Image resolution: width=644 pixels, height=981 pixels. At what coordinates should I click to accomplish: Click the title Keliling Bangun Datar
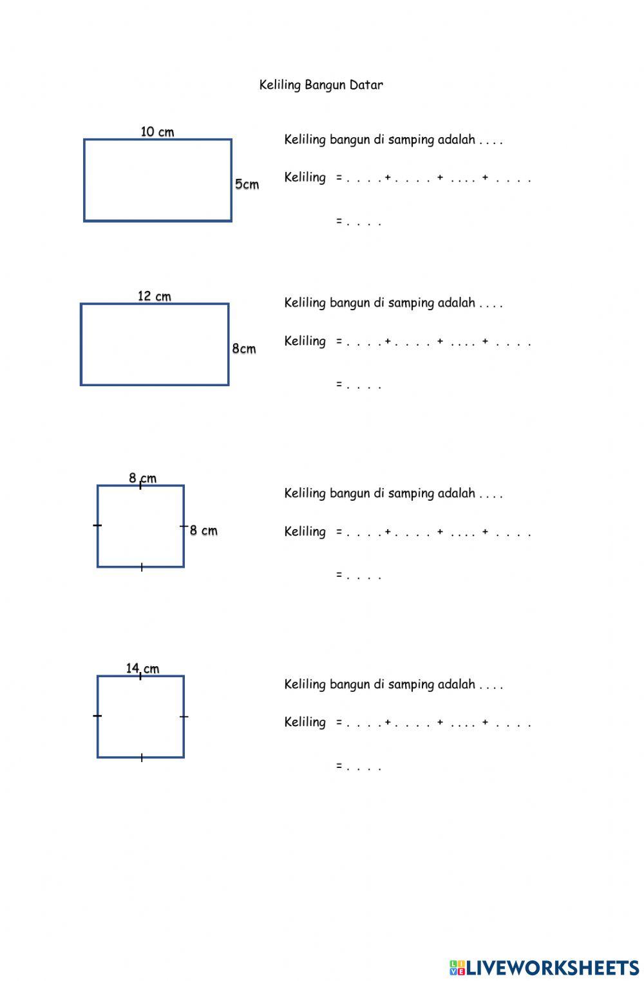321,85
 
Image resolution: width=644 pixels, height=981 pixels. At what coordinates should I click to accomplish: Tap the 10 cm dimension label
157,132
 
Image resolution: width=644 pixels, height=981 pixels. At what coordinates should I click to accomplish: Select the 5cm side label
247,184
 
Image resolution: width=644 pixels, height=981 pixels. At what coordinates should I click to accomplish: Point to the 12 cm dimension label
155,296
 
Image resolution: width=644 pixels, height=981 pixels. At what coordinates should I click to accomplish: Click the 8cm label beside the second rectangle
244,349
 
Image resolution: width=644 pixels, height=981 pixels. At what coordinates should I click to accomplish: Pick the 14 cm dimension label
142,668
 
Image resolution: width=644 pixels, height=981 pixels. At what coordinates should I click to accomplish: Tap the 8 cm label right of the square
204,531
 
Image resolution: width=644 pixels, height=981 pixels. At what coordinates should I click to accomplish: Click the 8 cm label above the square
142,478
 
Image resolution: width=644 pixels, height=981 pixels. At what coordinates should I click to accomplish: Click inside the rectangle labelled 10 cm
158,180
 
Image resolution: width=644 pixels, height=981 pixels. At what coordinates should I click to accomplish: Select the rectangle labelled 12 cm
155,344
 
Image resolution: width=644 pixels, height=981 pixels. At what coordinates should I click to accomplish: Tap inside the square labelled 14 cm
140,716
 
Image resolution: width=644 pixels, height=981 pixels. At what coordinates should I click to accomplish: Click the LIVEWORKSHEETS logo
544,967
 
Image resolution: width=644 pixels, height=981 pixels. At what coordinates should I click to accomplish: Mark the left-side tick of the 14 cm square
97,716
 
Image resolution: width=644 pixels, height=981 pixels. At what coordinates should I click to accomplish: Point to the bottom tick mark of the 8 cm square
141,567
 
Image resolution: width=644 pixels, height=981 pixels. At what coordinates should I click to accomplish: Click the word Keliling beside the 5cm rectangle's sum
305,178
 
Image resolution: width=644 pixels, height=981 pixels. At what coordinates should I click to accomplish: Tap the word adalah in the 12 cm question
456,303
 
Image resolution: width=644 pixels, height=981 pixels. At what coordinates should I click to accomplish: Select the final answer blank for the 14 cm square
364,767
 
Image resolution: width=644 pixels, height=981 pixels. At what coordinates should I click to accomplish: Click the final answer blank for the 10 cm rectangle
364,222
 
